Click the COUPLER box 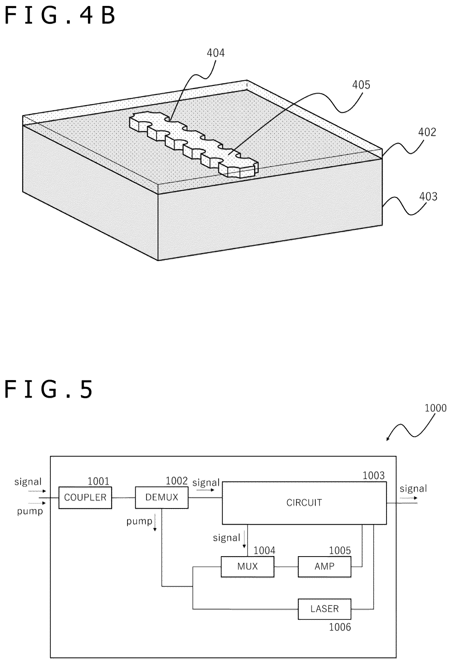click(85, 497)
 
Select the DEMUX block click(162, 497)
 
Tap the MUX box click(247, 566)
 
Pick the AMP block click(325, 566)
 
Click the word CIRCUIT click(304, 503)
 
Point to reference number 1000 click(435, 408)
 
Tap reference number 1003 click(374, 476)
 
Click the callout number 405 click(361, 85)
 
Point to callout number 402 click(427, 132)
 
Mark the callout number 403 click(428, 197)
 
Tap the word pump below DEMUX click(139, 522)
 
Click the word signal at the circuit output click(413, 489)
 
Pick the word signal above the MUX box click(227, 538)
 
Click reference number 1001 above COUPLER click(99, 481)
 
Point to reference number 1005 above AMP click(340, 550)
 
